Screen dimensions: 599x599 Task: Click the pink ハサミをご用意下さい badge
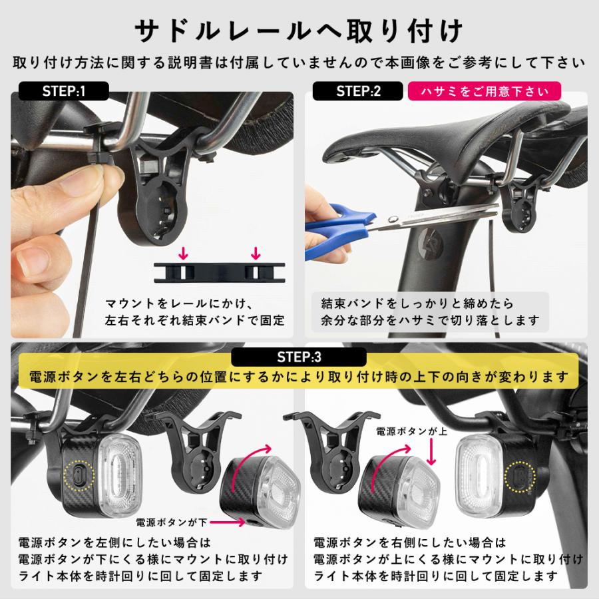click(484, 91)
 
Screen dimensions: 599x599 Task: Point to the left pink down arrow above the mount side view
click(184, 253)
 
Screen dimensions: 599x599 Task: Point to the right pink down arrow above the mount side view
click(255, 253)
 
